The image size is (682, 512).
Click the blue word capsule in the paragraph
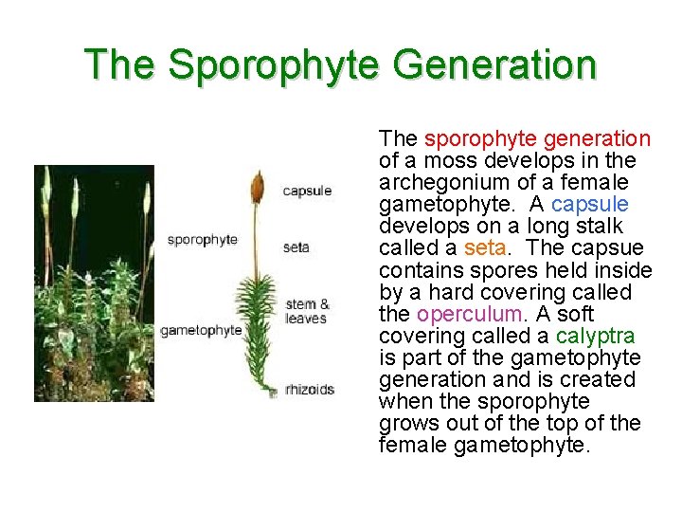coord(589,205)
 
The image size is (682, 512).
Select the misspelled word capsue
coord(609,248)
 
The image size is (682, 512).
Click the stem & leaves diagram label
coord(307,311)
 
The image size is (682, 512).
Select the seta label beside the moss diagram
coord(296,248)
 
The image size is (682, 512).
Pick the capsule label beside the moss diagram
coord(307,192)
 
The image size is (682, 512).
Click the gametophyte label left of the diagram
coord(201,330)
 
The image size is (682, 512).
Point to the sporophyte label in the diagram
coord(202,240)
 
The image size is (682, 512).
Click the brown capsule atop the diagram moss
coord(257,188)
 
